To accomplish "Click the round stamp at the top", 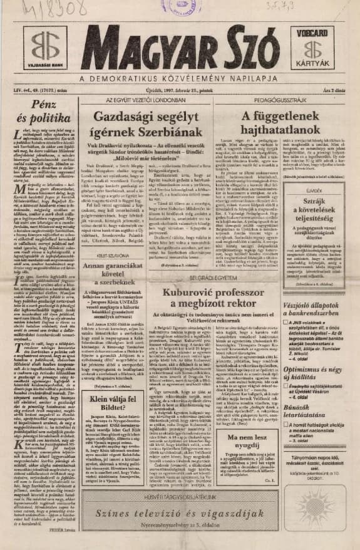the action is pos(182,8).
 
